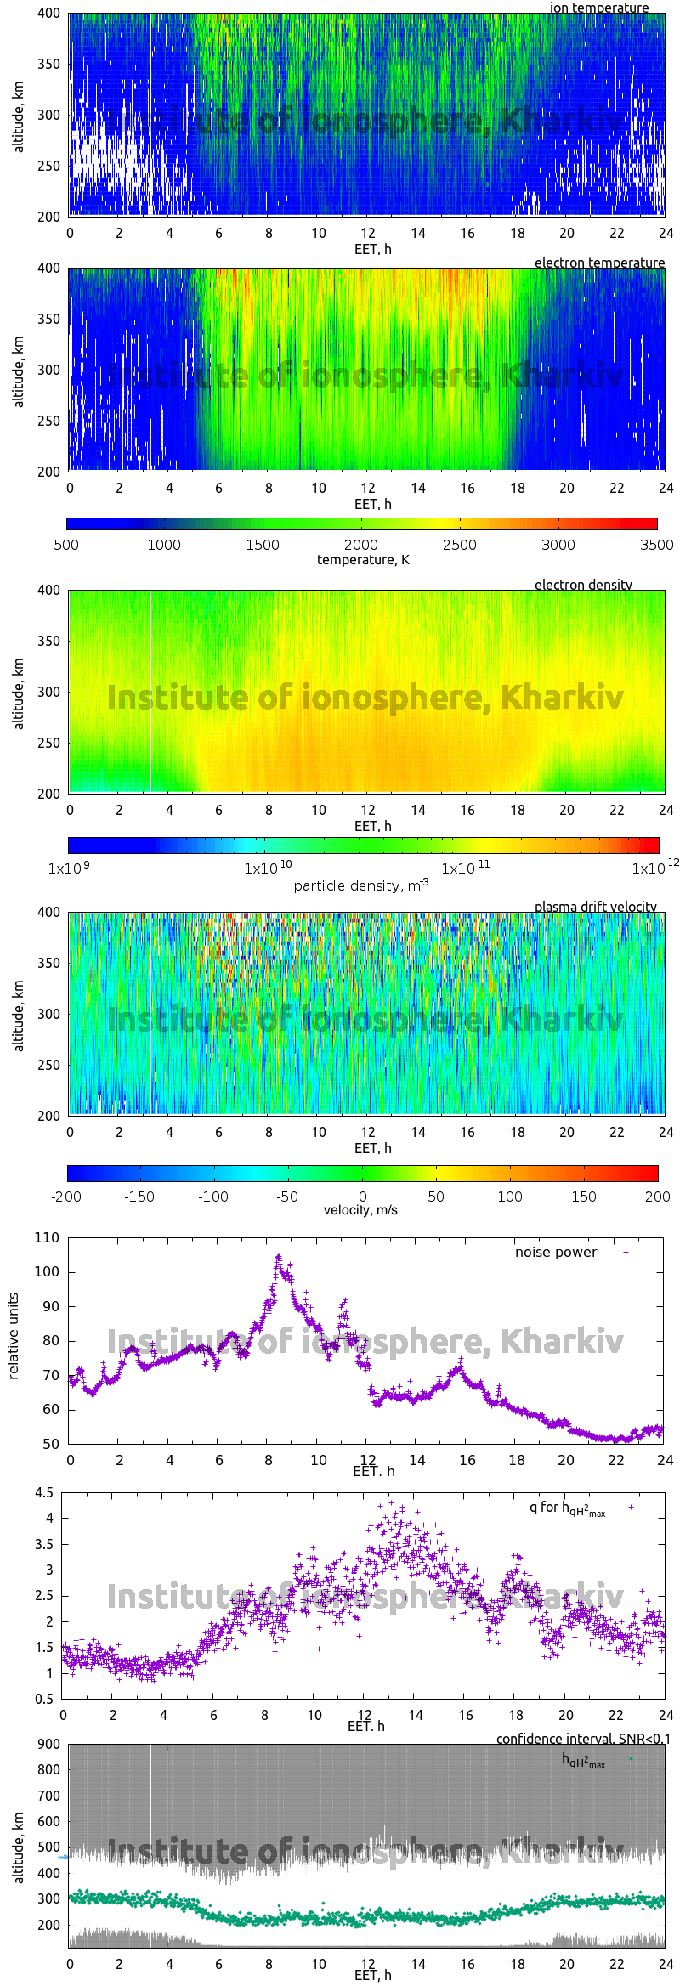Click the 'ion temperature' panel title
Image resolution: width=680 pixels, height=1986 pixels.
598,8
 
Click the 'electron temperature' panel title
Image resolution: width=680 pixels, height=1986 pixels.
599,263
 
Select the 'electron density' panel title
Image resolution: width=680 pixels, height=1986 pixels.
583,585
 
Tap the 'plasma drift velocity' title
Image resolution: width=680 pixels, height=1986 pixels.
595,907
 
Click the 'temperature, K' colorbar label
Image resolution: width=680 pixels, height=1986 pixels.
363,559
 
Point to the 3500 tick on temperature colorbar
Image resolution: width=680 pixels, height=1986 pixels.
656,545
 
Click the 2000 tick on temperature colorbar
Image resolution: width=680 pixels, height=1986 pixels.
361,545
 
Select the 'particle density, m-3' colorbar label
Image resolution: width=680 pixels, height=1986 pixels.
361,885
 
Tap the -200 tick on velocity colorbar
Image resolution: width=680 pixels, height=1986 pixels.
66,1197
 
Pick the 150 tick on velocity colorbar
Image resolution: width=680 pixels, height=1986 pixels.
583,1197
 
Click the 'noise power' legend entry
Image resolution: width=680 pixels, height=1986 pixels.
556,1253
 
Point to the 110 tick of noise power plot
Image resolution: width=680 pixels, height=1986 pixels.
48,1238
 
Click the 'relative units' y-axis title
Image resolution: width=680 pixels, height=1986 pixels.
14,1337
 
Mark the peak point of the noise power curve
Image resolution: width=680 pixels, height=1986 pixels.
278,1256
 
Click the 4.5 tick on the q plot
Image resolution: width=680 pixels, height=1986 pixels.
44,1492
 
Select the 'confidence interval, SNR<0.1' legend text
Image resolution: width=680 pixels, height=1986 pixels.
583,1740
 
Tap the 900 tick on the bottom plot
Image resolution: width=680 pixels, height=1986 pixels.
49,1745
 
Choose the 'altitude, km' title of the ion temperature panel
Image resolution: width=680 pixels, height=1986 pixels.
18,116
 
